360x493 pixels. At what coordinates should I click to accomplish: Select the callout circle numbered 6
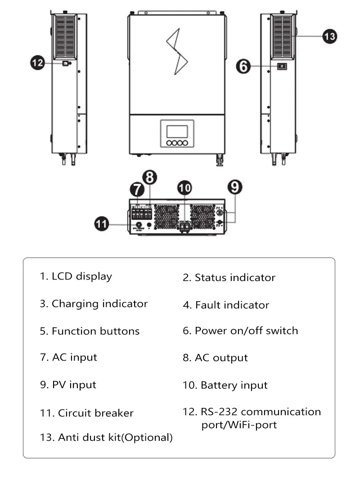tap(243, 67)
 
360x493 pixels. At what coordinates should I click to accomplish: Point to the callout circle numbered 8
tap(150, 178)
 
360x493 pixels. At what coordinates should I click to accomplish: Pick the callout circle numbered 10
tap(184, 188)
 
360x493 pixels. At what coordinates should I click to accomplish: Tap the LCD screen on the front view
tap(176, 131)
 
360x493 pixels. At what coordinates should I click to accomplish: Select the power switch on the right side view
tap(282, 67)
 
